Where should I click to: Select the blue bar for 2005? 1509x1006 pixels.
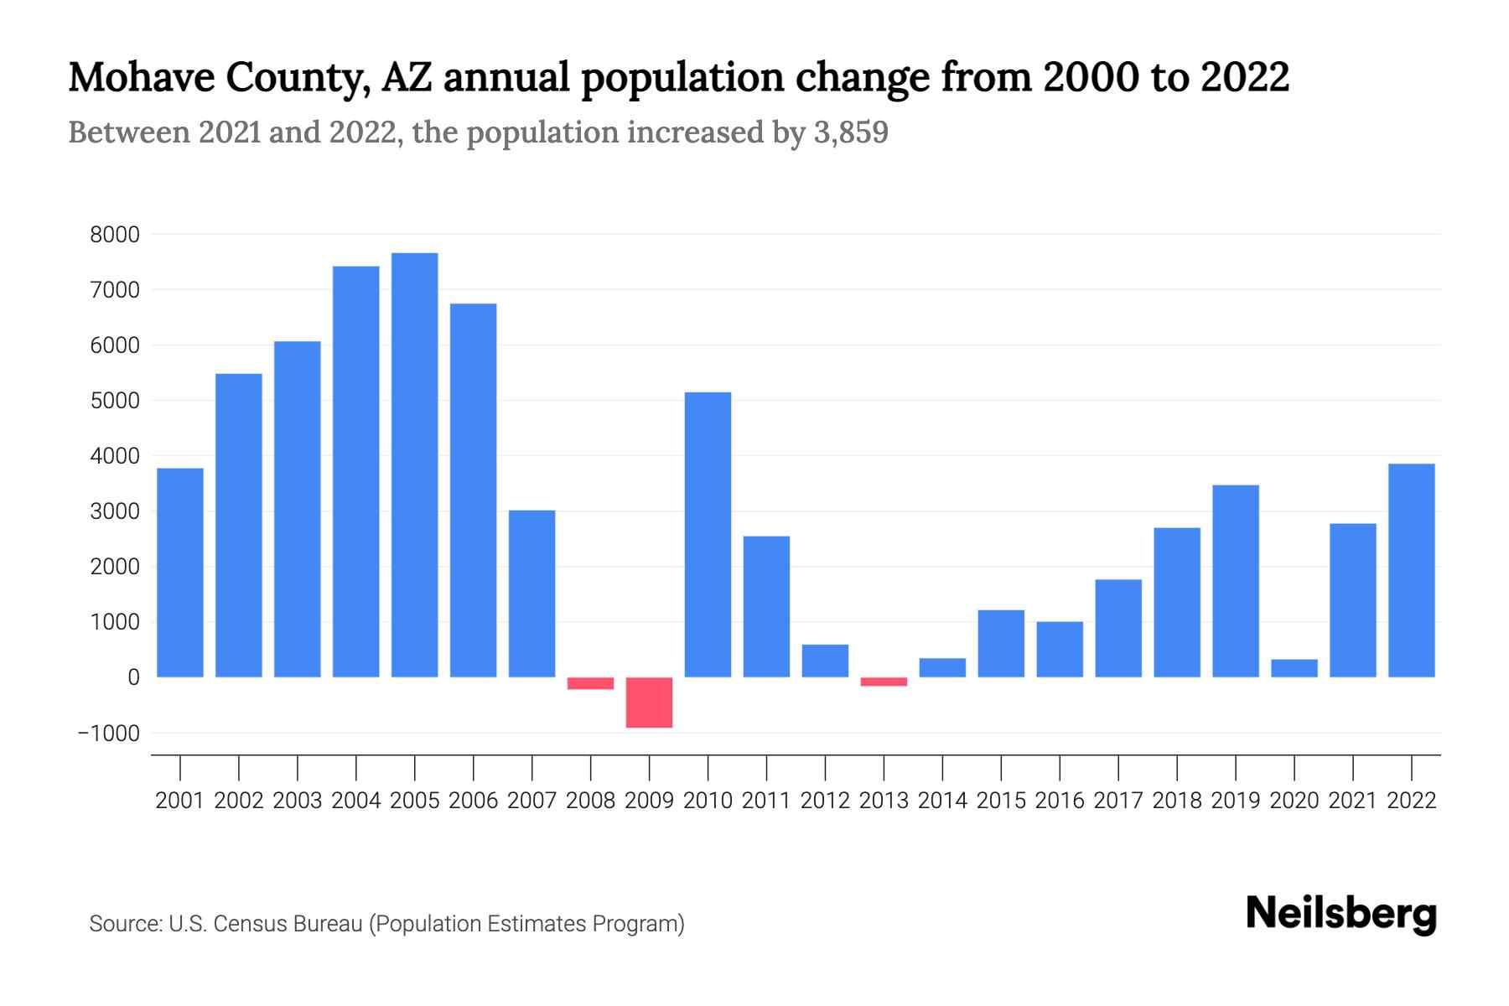(414, 465)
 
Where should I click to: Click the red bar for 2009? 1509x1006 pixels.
(649, 703)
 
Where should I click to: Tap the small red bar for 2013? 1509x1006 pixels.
(884, 682)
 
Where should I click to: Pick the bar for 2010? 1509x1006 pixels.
(708, 535)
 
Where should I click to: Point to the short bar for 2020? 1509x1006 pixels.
(1294, 668)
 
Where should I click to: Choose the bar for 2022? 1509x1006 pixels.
(1411, 570)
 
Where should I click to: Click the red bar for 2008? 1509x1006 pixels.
(590, 683)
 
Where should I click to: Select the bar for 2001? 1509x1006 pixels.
(180, 573)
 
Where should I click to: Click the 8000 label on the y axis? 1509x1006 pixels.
(115, 235)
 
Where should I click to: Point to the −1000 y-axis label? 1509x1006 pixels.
(108, 734)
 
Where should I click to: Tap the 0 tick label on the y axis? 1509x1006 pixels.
(132, 677)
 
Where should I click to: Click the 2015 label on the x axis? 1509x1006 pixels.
(1001, 801)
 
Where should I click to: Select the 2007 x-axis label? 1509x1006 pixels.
(532, 801)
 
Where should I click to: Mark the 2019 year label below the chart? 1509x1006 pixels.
(1235, 801)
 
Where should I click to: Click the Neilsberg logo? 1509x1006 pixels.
(1341, 914)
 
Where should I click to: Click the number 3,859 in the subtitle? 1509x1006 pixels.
(850, 133)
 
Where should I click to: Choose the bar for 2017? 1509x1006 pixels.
(1117, 629)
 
